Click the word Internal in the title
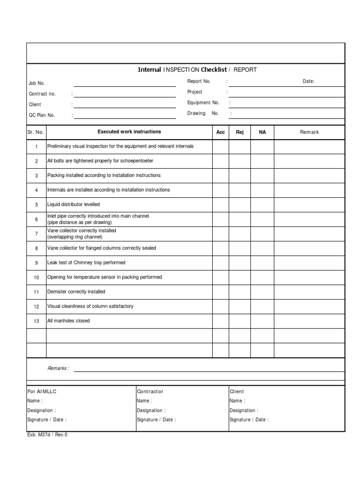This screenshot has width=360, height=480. tap(149, 70)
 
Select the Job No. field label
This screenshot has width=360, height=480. tap(37, 83)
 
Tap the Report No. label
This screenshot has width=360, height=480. tap(199, 81)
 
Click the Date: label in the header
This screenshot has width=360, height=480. tap(308, 81)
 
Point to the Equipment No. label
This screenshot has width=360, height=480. tap(203, 103)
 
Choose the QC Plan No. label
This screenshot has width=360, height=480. tap(42, 115)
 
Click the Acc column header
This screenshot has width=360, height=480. tap(220, 132)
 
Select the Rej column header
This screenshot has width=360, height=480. tap(240, 132)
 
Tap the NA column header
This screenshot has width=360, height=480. tap(262, 132)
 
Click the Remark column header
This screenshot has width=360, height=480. tap(309, 132)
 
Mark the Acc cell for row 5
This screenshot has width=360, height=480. tap(220, 205)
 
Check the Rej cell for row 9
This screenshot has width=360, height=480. tap(240, 263)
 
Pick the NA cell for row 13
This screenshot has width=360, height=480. tap(262, 321)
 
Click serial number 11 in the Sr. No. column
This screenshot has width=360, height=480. tap(37, 292)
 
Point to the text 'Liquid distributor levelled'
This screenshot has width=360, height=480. tap(74, 205)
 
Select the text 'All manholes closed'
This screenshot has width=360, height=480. tap(68, 321)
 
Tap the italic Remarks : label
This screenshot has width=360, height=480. tap(58, 368)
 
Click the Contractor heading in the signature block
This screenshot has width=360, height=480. tap(150, 391)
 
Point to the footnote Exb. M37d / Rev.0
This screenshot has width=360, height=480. tap(47, 435)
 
